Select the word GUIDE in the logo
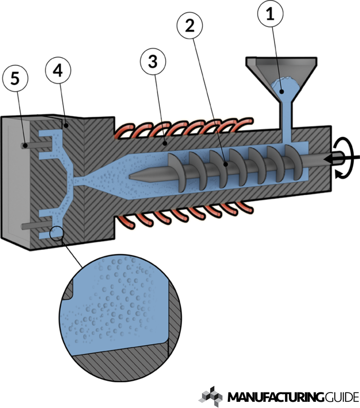pos(340,397)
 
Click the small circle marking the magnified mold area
pos(57,234)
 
